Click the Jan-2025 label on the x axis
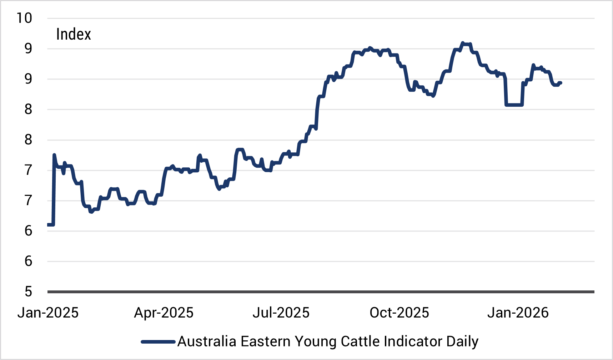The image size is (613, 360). pos(48,313)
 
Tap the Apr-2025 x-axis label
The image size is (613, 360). pos(164,313)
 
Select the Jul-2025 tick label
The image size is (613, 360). pos(281,313)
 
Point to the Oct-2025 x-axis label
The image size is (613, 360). pos(399,313)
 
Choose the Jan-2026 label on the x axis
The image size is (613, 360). pos(518,313)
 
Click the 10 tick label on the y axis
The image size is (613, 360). pos(24,18)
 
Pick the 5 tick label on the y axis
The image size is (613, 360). pos(28,292)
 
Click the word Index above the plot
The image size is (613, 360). pos(74,35)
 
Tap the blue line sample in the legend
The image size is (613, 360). pos(158,342)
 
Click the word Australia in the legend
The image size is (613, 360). pos(207,342)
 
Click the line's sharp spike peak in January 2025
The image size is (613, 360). pos(54,155)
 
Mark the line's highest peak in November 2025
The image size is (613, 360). pos(463,43)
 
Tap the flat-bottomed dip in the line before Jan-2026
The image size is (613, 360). pos(514,105)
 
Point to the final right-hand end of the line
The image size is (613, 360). pos(561,83)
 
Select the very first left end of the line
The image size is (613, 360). pos(48,224)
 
